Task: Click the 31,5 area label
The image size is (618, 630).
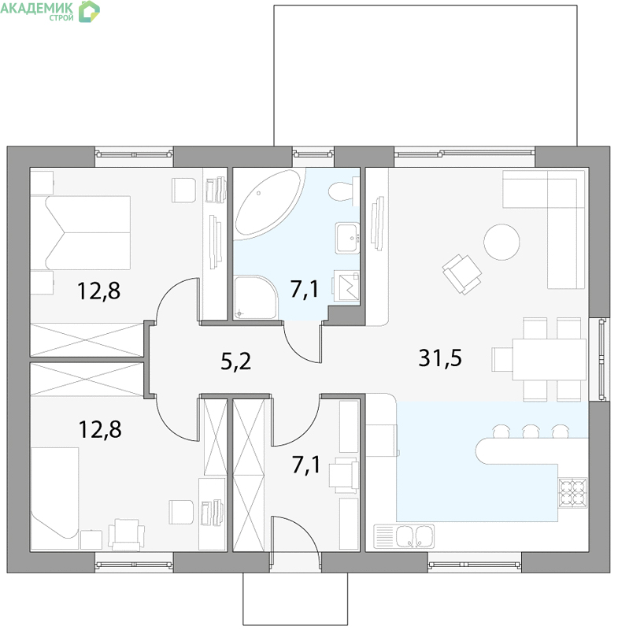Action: click(440, 358)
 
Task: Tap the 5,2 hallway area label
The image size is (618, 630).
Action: click(236, 361)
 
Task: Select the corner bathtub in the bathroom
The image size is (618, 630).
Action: click(267, 202)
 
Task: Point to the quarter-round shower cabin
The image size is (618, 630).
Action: click(255, 298)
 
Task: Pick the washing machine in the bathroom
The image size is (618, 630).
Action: click(346, 286)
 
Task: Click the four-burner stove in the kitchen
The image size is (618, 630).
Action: click(573, 492)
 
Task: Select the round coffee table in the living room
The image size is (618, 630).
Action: click(501, 242)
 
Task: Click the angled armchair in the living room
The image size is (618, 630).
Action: click(462, 274)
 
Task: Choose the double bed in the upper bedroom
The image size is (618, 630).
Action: click(88, 232)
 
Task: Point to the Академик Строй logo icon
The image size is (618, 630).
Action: click(89, 11)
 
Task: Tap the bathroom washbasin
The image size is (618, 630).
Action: click(348, 238)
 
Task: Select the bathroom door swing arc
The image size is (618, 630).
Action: click(296, 349)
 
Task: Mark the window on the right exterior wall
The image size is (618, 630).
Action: click(602, 359)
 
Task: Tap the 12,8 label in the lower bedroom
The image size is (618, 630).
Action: click(100, 429)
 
